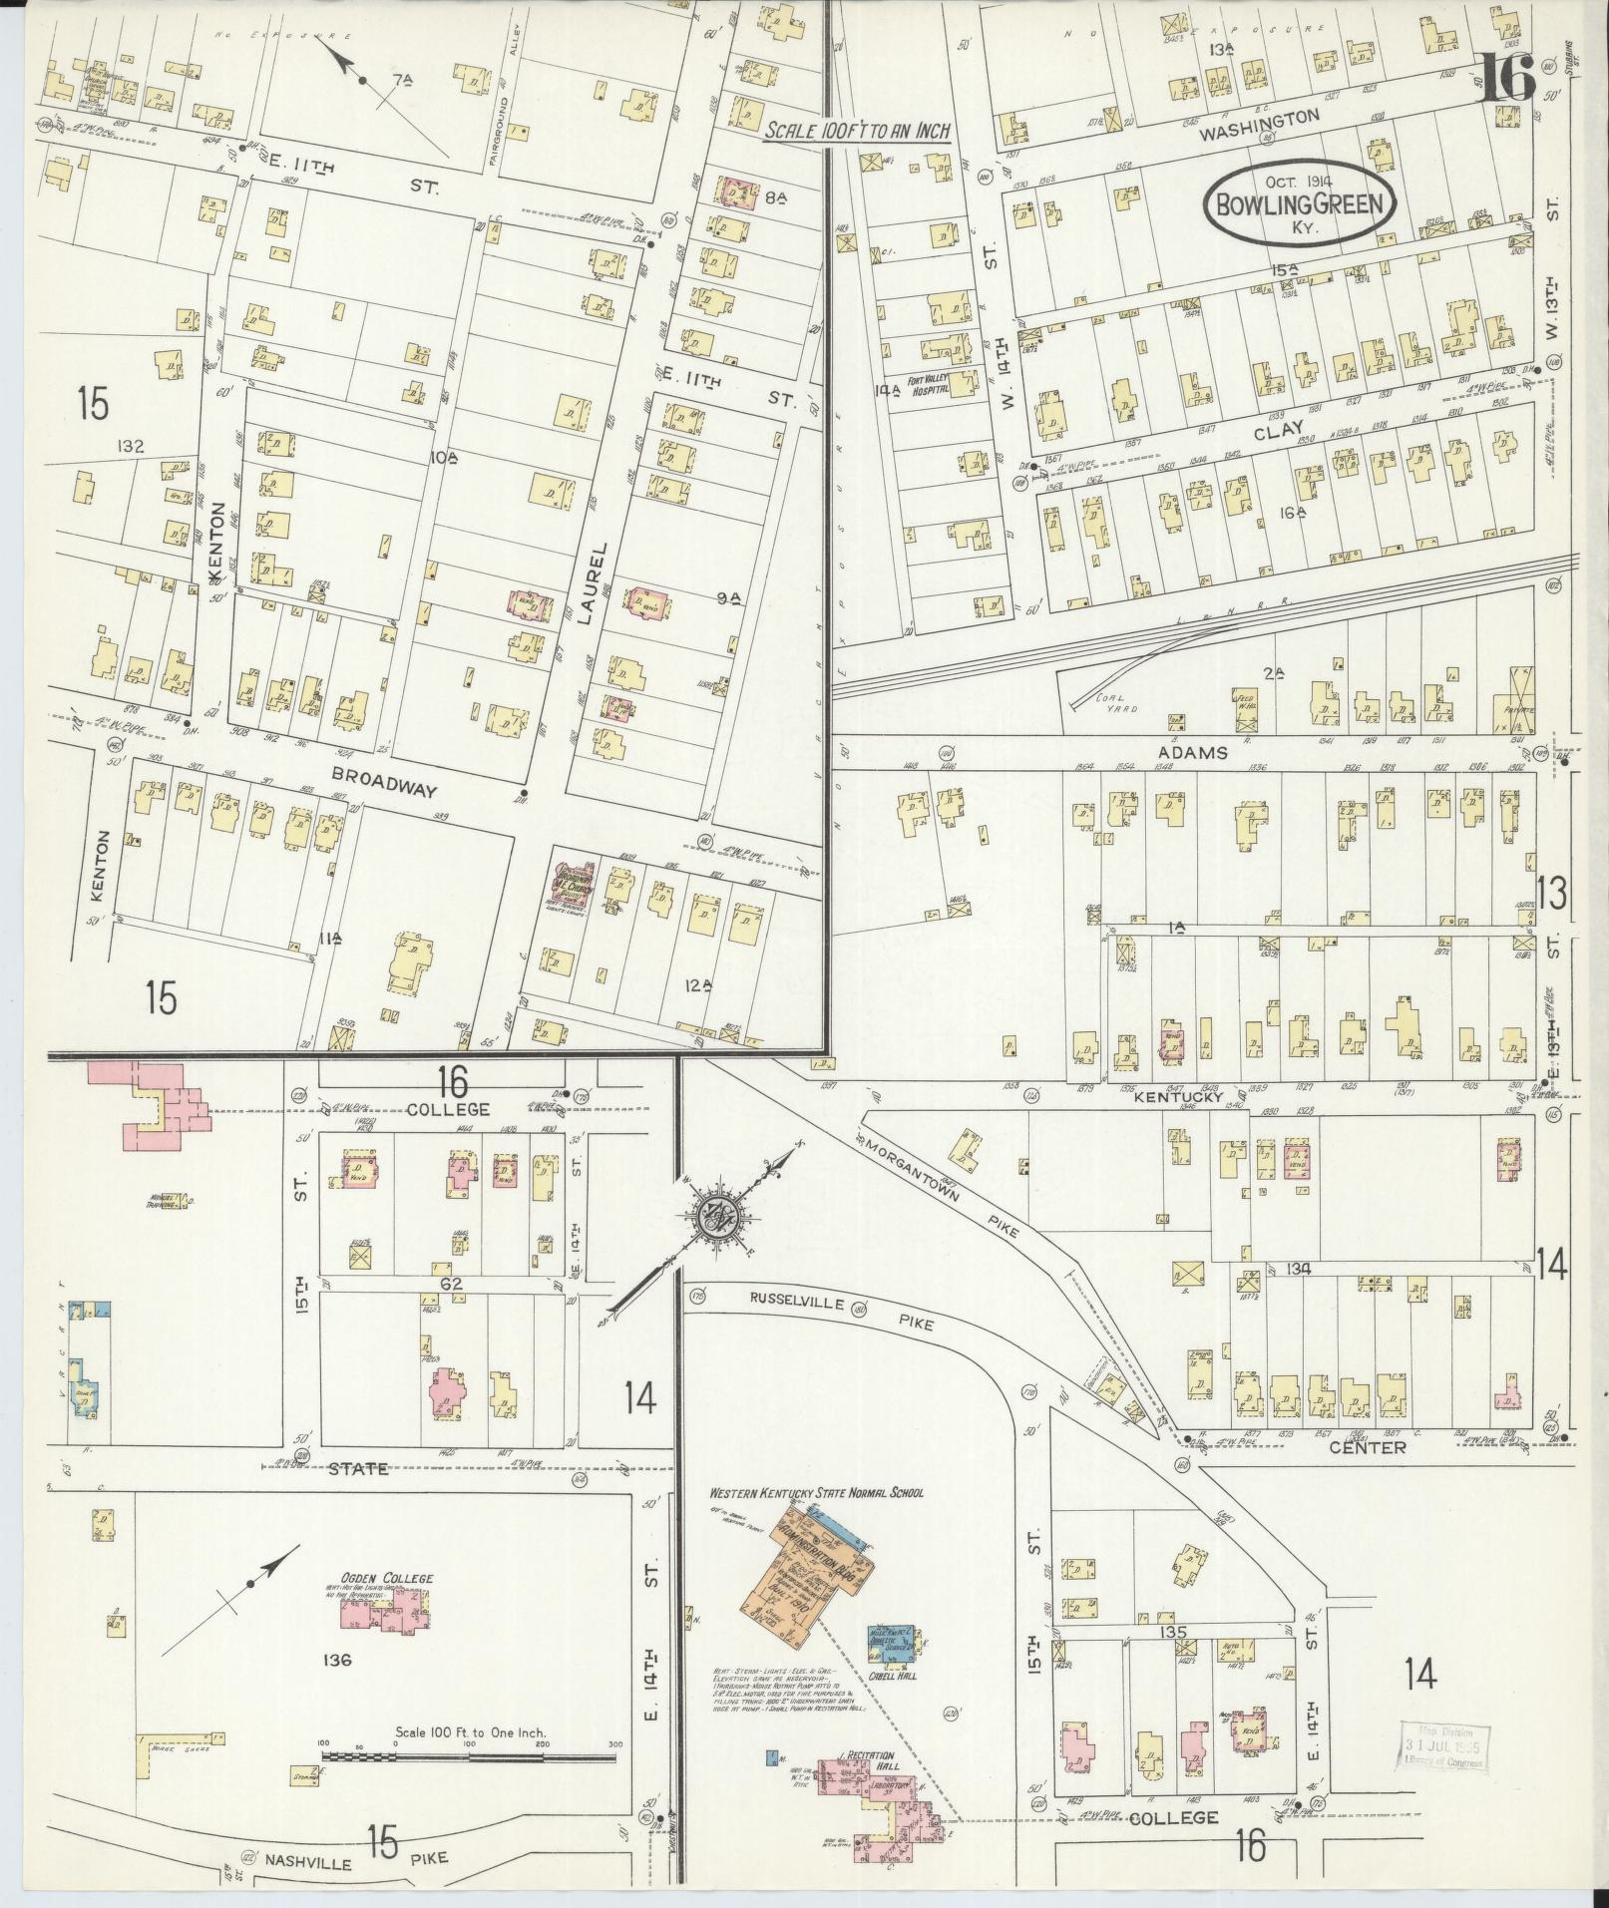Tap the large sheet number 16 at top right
1507,77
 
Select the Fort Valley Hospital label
929,387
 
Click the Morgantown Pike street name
943,1185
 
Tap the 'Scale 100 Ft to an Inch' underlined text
856,131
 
